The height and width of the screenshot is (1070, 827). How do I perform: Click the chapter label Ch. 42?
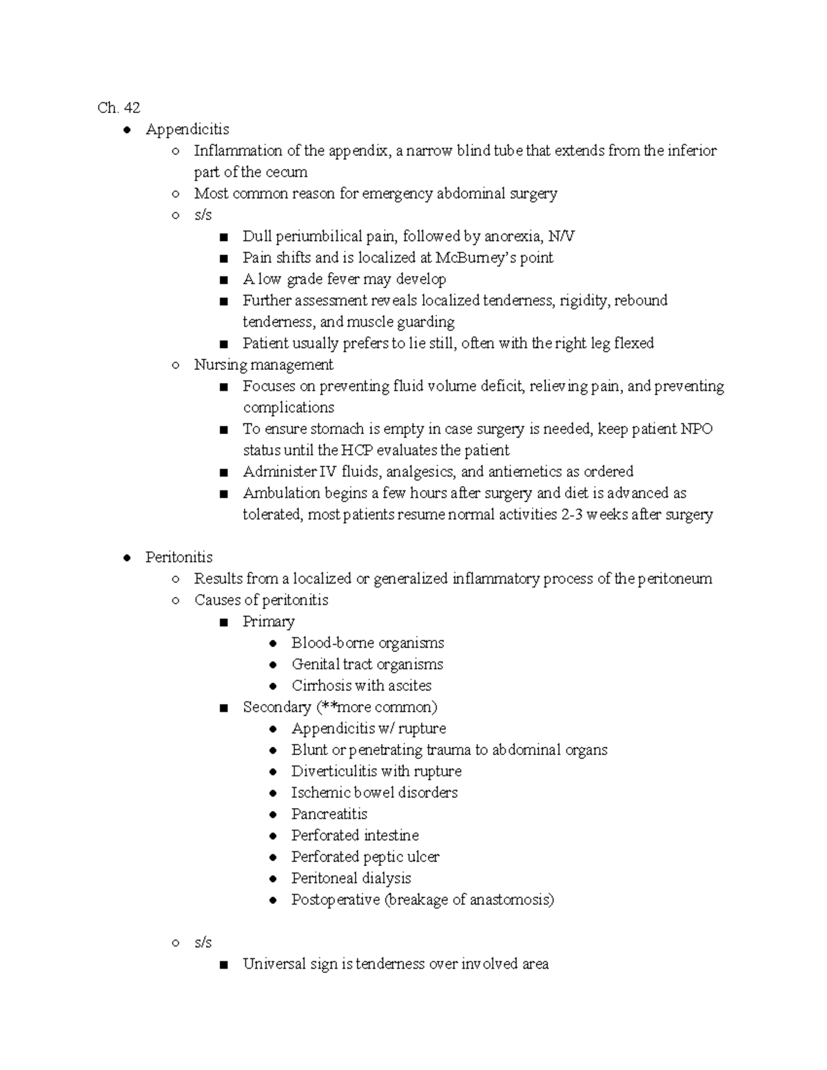(x=119, y=107)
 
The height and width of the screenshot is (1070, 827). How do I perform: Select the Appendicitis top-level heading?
(x=187, y=130)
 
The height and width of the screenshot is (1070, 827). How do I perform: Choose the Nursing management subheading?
(x=263, y=364)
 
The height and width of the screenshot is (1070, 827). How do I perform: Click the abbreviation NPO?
(x=696, y=429)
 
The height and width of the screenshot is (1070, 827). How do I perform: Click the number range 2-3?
(x=569, y=515)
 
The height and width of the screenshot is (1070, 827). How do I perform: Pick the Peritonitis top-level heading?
(x=178, y=557)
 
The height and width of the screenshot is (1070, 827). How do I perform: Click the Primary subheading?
(x=268, y=621)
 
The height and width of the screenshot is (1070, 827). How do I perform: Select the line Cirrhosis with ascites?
(x=361, y=686)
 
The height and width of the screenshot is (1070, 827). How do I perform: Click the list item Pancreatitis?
(x=329, y=814)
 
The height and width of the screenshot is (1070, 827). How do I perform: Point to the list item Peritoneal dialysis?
(x=351, y=878)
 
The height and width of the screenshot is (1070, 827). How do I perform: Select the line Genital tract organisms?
(x=367, y=664)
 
